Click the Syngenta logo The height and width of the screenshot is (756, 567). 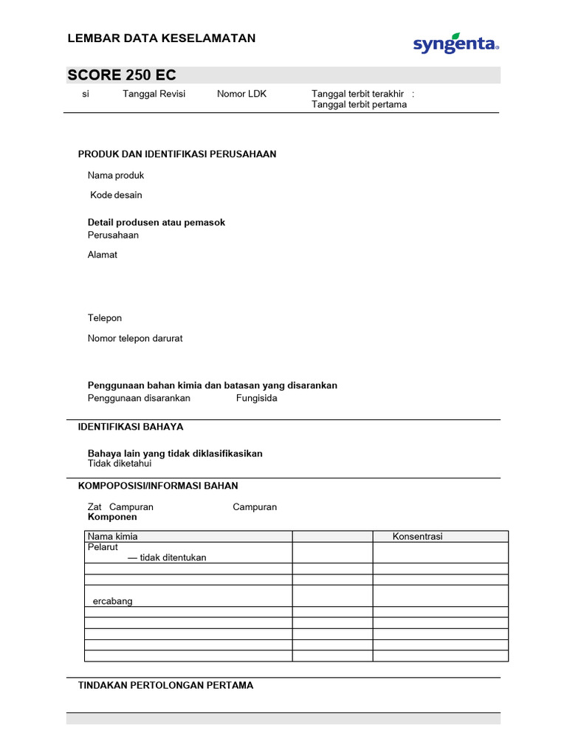pyautogui.click(x=456, y=44)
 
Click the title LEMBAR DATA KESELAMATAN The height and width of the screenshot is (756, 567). pyautogui.click(x=162, y=38)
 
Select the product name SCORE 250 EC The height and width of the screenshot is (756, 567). pyautogui.click(x=122, y=75)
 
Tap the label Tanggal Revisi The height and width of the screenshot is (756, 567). pyautogui.click(x=154, y=94)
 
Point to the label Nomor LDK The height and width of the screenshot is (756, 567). pyautogui.click(x=241, y=94)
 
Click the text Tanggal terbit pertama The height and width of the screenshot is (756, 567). pyautogui.click(x=359, y=104)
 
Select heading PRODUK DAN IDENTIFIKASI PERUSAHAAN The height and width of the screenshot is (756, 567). pyautogui.click(x=177, y=154)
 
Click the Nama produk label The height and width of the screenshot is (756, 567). pyautogui.click(x=116, y=175)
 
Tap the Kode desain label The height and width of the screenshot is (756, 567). pyautogui.click(x=116, y=195)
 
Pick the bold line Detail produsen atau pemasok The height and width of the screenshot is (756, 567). pyautogui.click(x=157, y=222)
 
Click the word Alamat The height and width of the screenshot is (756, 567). pyautogui.click(x=103, y=255)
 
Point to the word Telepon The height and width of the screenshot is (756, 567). pyautogui.click(x=105, y=317)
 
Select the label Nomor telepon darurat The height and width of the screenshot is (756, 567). pyautogui.click(x=135, y=338)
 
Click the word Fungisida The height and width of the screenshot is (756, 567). pyautogui.click(x=257, y=398)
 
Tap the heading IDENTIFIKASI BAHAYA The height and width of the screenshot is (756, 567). pyautogui.click(x=131, y=427)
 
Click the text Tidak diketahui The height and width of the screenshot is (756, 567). pyautogui.click(x=120, y=464)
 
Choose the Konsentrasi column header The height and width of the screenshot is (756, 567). pyautogui.click(x=417, y=536)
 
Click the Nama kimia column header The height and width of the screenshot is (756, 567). pyautogui.click(x=113, y=536)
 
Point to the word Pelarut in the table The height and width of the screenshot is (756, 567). pyautogui.click(x=103, y=548)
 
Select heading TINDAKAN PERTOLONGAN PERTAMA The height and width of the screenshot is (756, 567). pyautogui.click(x=165, y=685)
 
